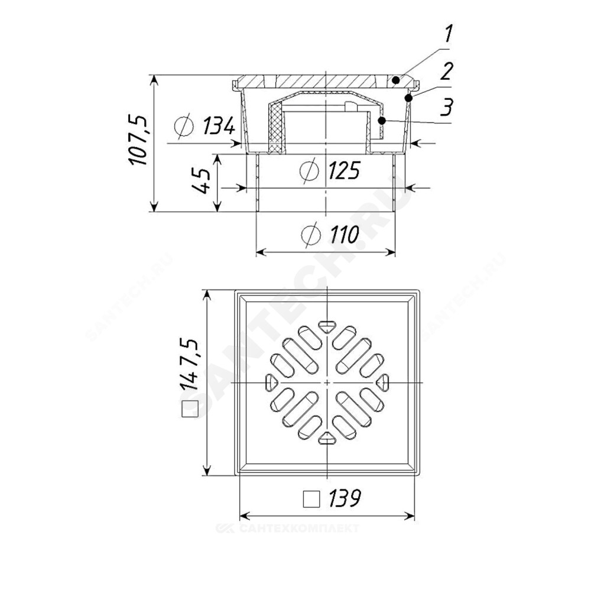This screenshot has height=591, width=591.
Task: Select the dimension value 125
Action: (x=344, y=170)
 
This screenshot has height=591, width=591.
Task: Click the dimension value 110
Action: (x=345, y=235)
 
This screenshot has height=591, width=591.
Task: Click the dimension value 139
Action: (x=345, y=498)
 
